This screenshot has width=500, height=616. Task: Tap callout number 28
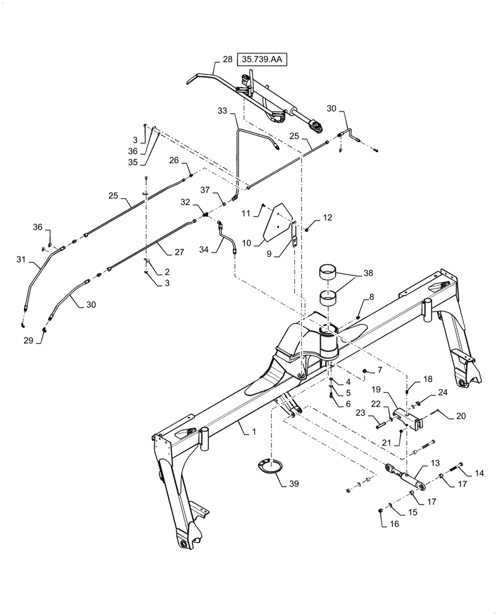click(227, 60)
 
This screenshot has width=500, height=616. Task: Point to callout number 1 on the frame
click(252, 432)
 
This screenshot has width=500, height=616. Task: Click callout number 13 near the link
click(435, 463)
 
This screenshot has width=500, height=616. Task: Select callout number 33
click(222, 111)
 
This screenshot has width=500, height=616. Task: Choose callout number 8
click(371, 297)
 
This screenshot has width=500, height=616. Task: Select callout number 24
click(442, 392)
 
